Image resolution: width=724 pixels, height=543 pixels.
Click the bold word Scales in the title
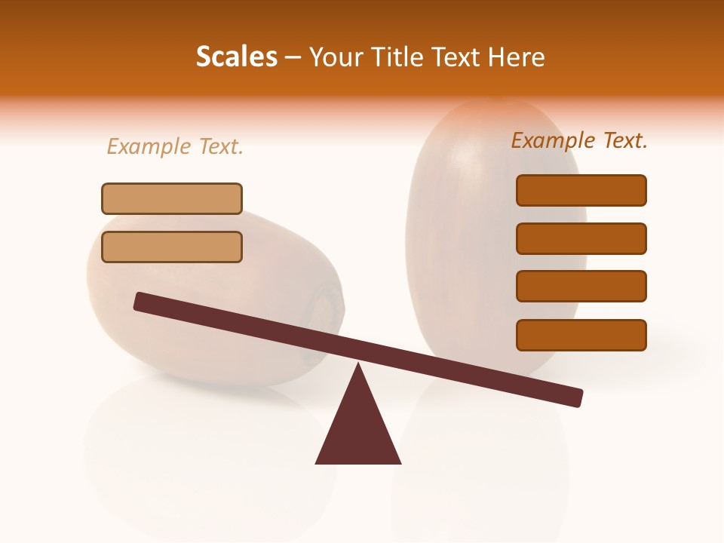(236, 57)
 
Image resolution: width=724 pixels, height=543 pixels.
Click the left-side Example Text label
(175, 146)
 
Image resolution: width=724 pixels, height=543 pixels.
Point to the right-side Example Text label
(579, 140)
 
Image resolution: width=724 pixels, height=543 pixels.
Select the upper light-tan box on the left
(172, 198)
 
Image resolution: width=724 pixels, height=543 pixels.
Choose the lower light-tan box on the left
(172, 247)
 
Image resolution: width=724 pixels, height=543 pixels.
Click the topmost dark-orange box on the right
(581, 190)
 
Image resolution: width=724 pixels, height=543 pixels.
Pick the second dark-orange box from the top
(581, 238)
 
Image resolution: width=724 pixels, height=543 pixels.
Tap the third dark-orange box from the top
(581, 286)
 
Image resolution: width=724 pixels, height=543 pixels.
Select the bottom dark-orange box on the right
(581, 335)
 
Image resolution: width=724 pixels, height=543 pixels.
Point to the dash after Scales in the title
(293, 57)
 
